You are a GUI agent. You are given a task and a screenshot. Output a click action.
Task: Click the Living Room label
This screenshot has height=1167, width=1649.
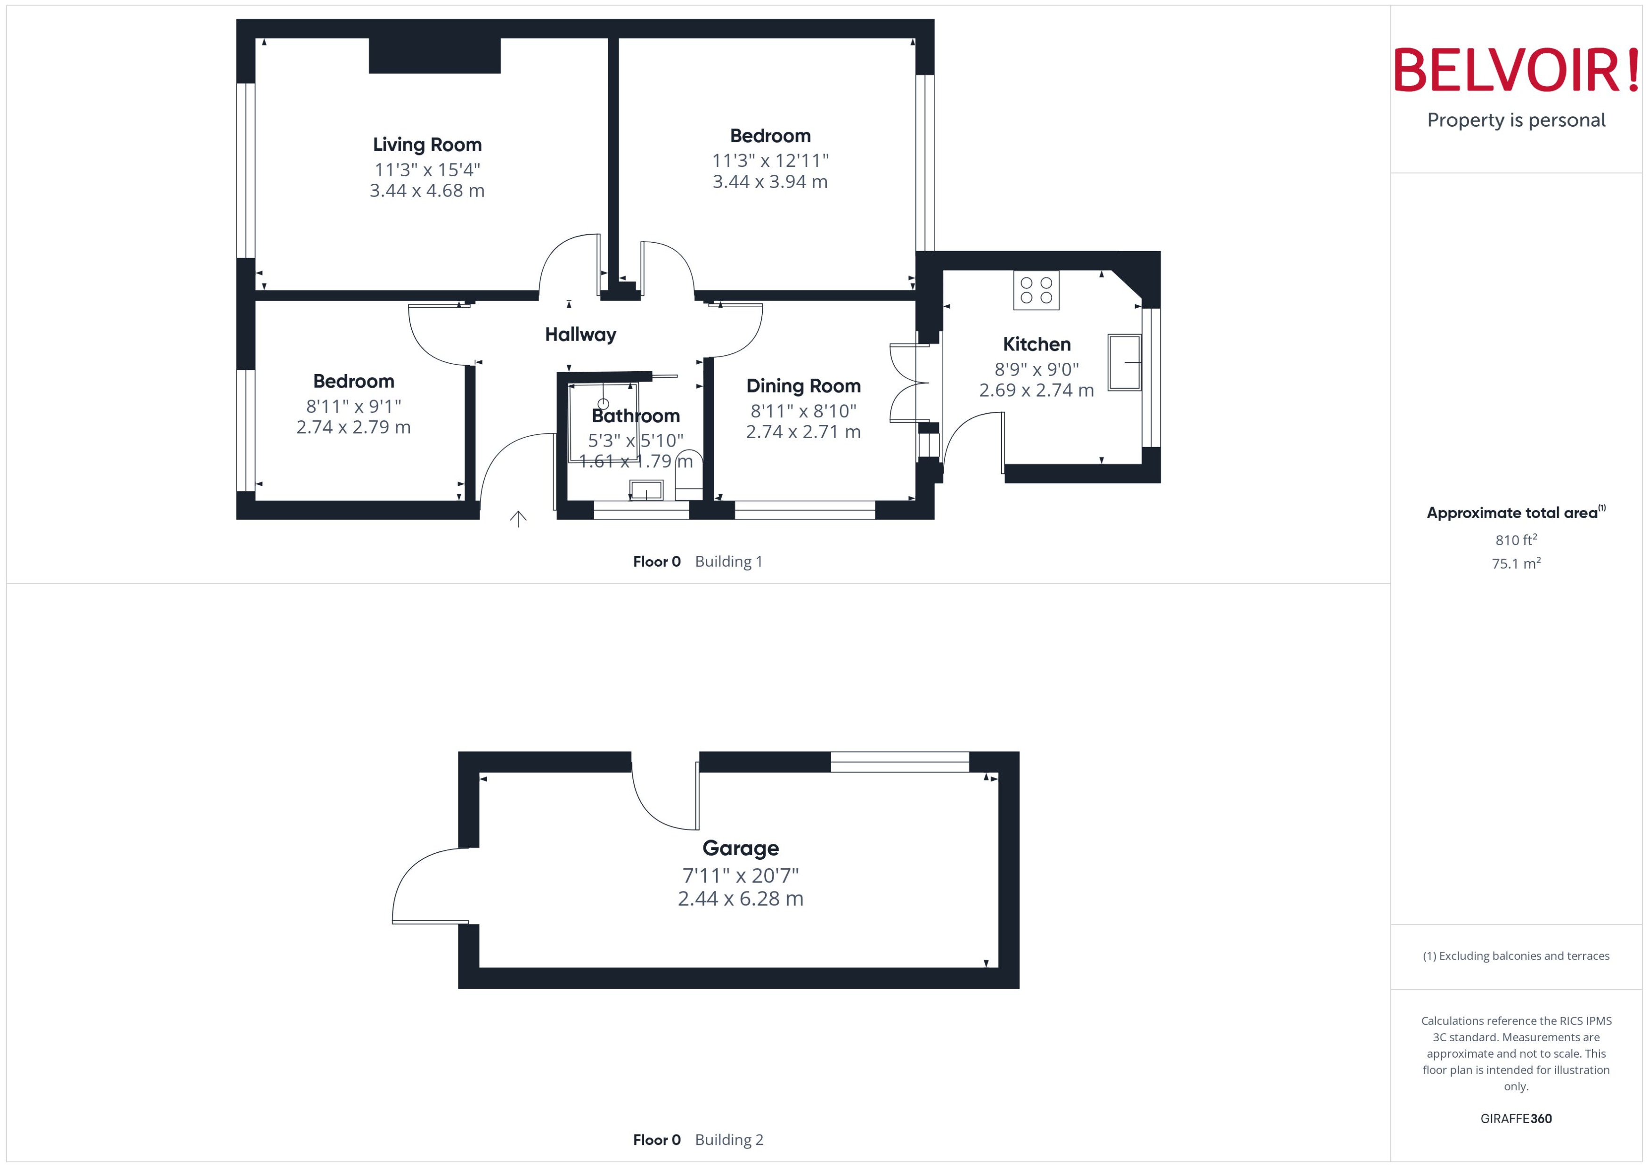pyautogui.click(x=427, y=145)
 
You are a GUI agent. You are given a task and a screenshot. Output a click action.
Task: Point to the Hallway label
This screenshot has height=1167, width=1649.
pyautogui.click(x=580, y=334)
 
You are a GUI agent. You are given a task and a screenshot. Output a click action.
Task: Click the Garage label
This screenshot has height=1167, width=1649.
pyautogui.click(x=740, y=848)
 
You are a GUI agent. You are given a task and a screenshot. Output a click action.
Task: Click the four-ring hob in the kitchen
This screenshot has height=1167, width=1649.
pyautogui.click(x=1036, y=290)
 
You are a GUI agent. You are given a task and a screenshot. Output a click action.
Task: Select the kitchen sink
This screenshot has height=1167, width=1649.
pyautogui.click(x=1124, y=362)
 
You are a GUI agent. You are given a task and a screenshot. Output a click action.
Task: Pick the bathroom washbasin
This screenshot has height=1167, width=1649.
pyautogui.click(x=646, y=491)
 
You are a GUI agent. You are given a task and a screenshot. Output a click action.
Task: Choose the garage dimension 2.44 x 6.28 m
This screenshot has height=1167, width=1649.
pyautogui.click(x=740, y=898)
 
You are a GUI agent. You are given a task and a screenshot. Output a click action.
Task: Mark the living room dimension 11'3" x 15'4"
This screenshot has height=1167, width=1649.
pyautogui.click(x=427, y=170)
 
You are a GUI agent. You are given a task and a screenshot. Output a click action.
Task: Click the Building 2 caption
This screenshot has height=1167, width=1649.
pyautogui.click(x=728, y=1140)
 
